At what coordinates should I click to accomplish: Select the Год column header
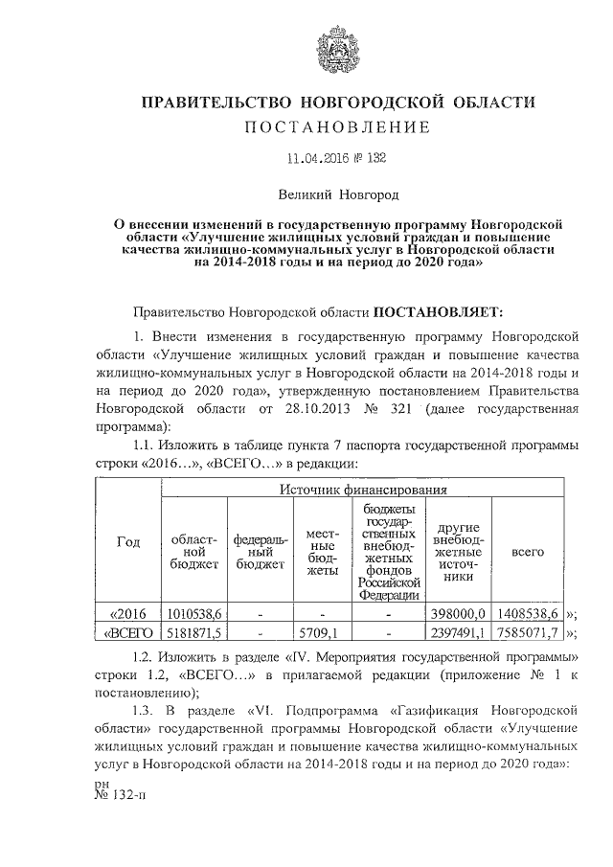(x=127, y=542)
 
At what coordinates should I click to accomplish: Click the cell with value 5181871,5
(x=194, y=632)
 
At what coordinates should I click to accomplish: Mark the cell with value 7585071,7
(x=529, y=632)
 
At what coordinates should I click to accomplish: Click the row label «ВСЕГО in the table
(x=130, y=632)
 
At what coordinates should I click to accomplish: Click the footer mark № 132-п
(x=120, y=794)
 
